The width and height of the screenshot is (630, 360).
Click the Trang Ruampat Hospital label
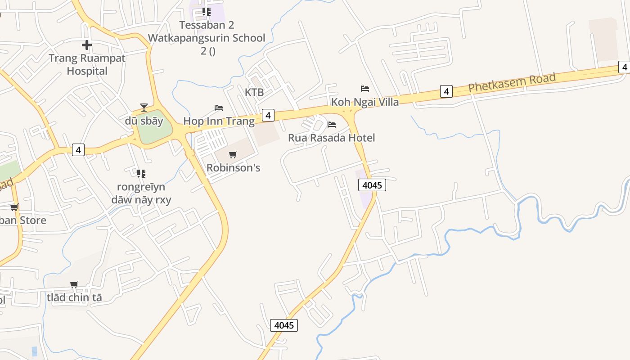pyautogui.click(x=87, y=64)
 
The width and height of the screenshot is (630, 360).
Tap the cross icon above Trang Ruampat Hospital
pyautogui.click(x=87, y=45)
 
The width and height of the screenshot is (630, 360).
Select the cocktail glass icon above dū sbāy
pyautogui.click(x=144, y=107)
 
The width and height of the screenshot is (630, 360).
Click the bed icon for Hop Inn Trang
pyautogui.click(x=219, y=108)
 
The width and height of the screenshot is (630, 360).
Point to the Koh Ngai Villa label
pyautogui.click(x=365, y=102)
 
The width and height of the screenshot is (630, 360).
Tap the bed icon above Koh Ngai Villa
pyautogui.click(x=365, y=88)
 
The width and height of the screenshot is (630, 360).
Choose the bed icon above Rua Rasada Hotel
pyautogui.click(x=332, y=124)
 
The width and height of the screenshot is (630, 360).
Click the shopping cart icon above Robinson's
pyautogui.click(x=233, y=155)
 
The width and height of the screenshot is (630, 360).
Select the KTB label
pyautogui.click(x=254, y=92)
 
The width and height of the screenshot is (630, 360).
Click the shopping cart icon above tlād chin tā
pyautogui.click(x=74, y=284)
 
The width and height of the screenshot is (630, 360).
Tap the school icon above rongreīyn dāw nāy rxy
pyautogui.click(x=141, y=173)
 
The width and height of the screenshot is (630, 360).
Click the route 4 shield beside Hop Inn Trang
pyautogui.click(x=268, y=115)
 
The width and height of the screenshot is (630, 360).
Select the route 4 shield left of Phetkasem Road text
pyautogui.click(x=446, y=91)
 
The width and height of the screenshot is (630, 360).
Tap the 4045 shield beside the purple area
pyautogui.click(x=372, y=185)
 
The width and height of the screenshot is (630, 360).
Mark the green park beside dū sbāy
pyautogui.click(x=154, y=127)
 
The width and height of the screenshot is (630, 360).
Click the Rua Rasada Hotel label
pyautogui.click(x=331, y=138)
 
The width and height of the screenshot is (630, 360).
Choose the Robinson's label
pyautogui.click(x=233, y=168)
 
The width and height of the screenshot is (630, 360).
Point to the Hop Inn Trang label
pyautogui.click(x=219, y=121)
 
